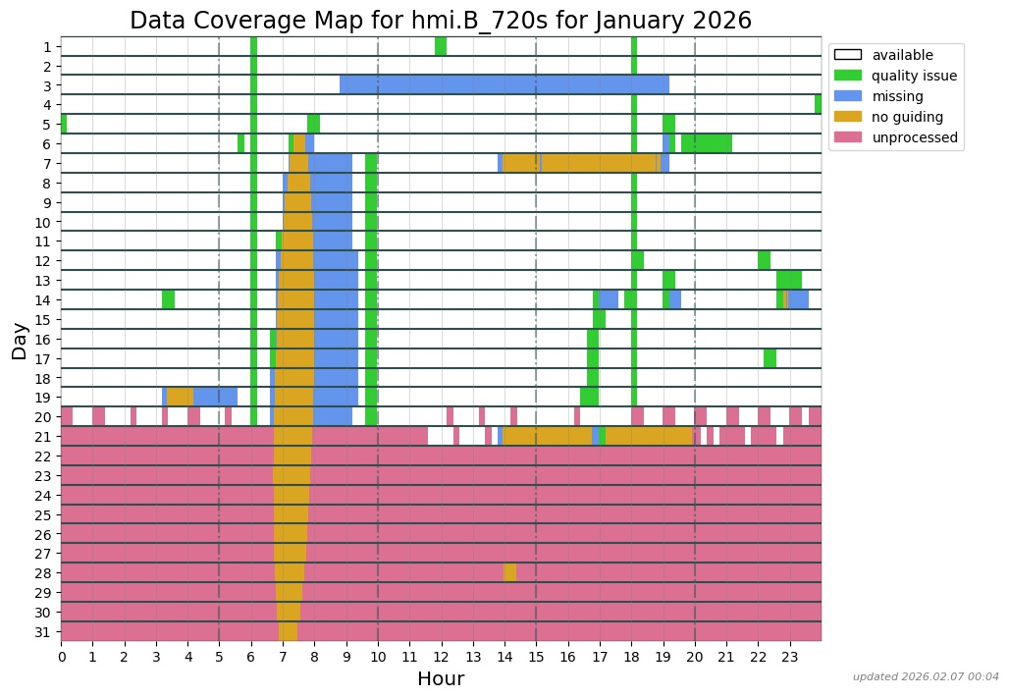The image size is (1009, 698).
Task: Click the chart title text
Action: click(x=441, y=20)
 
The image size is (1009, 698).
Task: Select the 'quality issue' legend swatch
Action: click(x=847, y=76)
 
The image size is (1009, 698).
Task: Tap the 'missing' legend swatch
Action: click(x=847, y=96)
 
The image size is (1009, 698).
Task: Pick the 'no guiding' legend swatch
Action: click(x=847, y=117)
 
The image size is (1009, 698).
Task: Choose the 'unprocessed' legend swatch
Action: click(x=847, y=137)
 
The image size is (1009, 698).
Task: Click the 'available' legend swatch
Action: click(x=847, y=55)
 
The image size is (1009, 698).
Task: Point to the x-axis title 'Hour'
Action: click(x=441, y=678)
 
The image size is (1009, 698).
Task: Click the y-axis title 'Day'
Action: click(x=20, y=340)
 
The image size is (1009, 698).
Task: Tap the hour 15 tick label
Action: click(x=536, y=656)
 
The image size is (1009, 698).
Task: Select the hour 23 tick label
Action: click(x=789, y=656)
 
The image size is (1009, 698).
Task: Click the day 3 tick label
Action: click(x=47, y=85)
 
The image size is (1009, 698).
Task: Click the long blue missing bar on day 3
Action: click(x=504, y=84)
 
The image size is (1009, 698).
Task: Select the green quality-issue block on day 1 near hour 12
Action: click(x=441, y=46)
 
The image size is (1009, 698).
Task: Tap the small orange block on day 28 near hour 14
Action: click(x=509, y=572)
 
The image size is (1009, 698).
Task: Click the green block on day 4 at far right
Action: click(x=818, y=104)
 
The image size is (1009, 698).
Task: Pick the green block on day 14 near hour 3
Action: click(x=169, y=299)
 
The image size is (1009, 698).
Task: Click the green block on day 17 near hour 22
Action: click(x=770, y=357)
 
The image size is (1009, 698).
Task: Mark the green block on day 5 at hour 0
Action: click(x=64, y=124)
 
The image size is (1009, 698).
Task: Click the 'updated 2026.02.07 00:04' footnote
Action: click(x=925, y=676)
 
